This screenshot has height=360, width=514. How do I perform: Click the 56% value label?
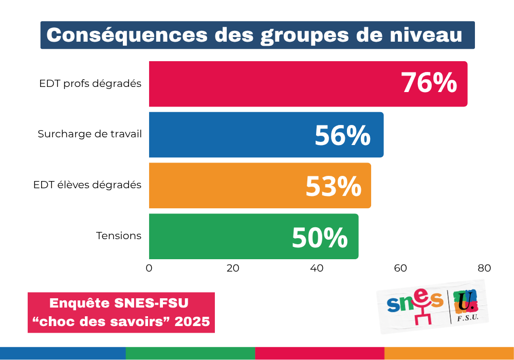(342, 135)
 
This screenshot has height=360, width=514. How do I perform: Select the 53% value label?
(334, 186)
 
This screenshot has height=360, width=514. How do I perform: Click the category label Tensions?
(119, 236)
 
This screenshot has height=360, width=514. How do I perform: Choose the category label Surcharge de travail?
(90, 135)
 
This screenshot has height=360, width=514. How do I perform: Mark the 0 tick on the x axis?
(149, 268)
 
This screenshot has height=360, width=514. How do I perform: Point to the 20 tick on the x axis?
(233, 268)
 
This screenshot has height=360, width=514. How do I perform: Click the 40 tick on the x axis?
(317, 268)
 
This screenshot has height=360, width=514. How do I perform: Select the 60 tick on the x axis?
(400, 268)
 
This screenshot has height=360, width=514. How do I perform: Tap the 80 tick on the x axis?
(484, 268)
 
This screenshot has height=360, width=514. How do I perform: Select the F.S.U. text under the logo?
(467, 319)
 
